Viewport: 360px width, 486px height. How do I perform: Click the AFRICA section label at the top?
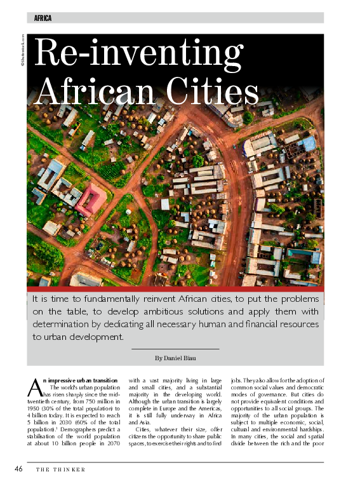point(43,18)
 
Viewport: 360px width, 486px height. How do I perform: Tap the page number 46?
point(19,469)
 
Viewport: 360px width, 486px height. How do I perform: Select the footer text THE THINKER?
point(60,469)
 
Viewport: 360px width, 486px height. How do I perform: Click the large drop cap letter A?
point(36,386)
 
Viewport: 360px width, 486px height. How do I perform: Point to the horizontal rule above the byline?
point(175,349)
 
